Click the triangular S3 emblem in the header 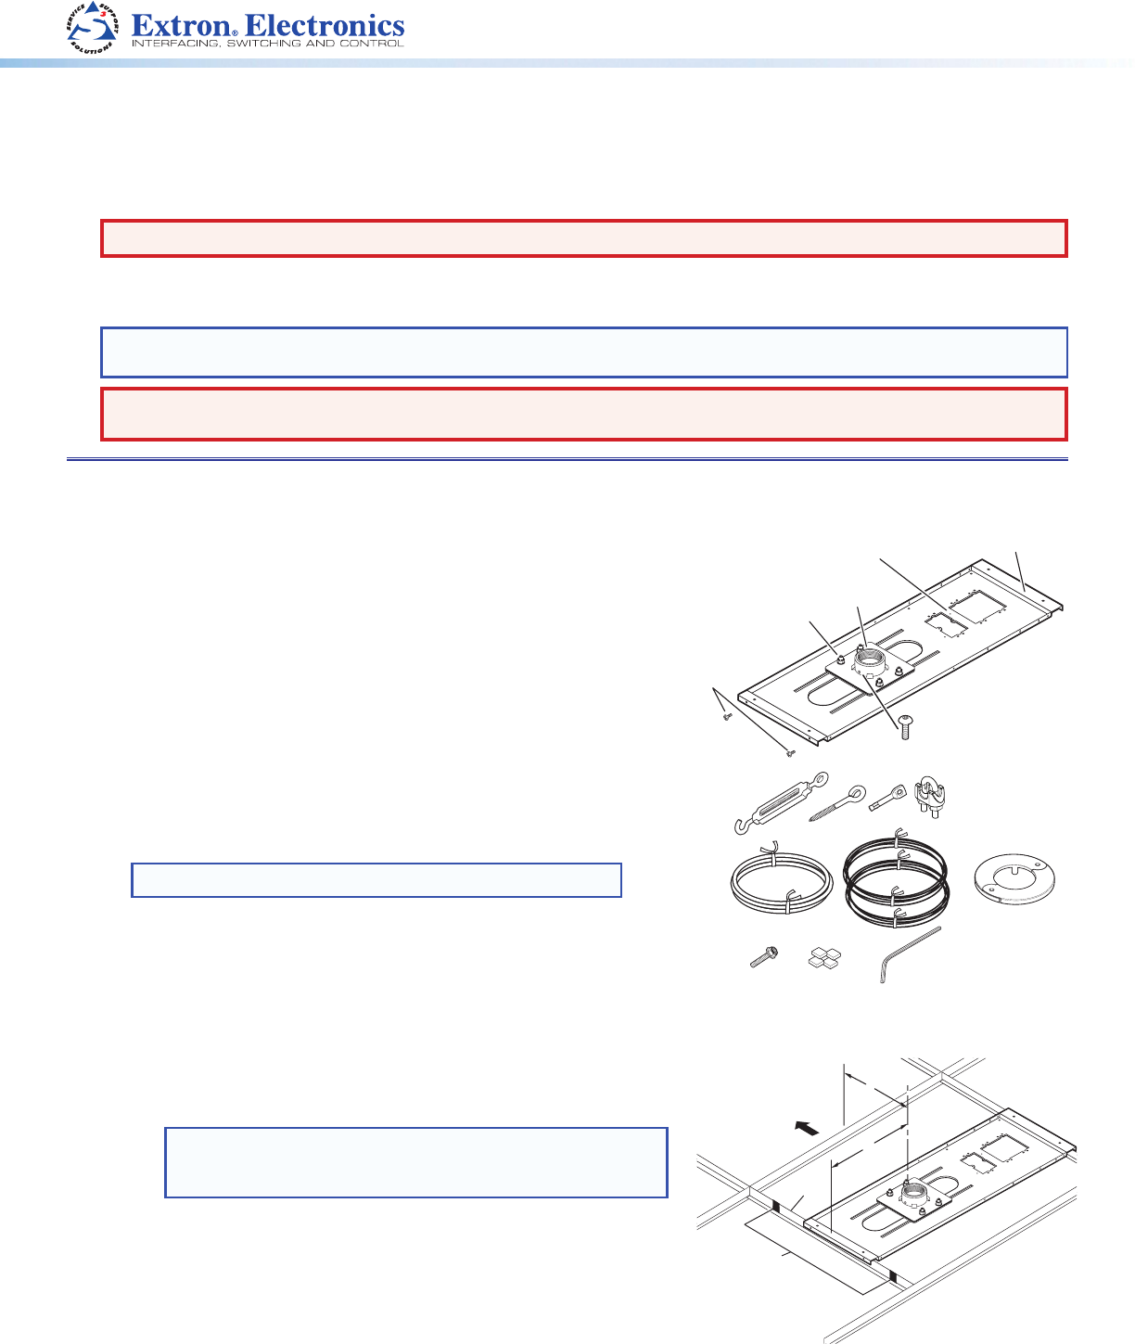click(93, 27)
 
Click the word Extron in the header click(181, 26)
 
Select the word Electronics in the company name click(325, 26)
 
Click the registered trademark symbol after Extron click(235, 32)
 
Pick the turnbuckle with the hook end click(781, 802)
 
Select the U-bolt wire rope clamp click(929, 797)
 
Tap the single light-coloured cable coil click(782, 880)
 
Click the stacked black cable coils click(897, 878)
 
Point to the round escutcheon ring click(1014, 879)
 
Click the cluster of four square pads click(824, 958)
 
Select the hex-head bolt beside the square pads click(764, 956)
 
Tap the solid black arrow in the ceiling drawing click(807, 1128)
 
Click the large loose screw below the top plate click(905, 727)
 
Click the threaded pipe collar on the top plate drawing click(871, 661)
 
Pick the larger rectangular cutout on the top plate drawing click(977, 607)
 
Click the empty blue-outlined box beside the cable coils click(376, 880)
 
